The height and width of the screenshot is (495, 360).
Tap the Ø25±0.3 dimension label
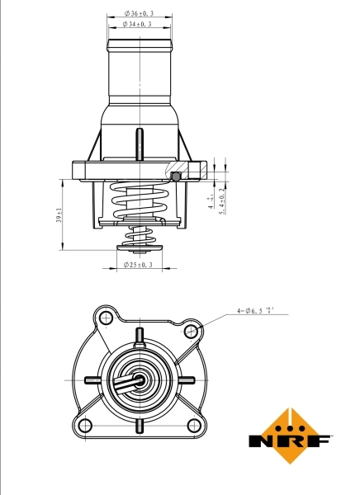pos(138,265)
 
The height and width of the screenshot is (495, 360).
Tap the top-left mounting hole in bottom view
pos(103,318)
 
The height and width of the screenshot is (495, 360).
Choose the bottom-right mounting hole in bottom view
pos(195,426)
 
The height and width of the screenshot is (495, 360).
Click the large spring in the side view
pos(141,202)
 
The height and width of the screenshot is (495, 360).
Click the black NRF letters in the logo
pos(290,441)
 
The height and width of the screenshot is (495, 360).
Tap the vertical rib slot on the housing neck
pos(140,140)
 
